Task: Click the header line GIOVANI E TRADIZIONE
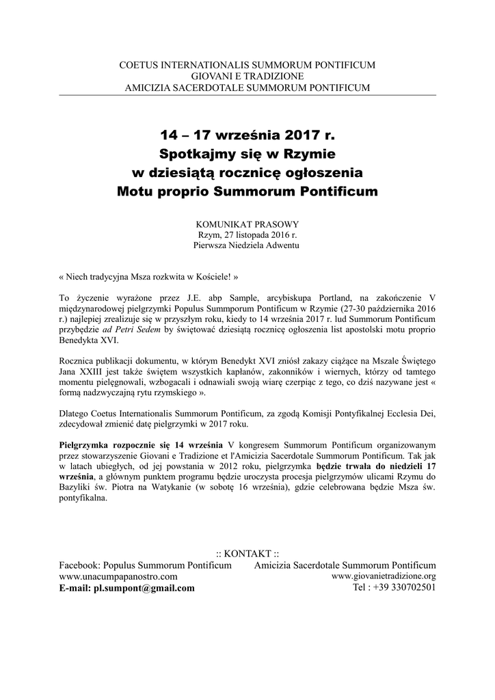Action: point(247,77)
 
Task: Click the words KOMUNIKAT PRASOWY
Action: point(247,224)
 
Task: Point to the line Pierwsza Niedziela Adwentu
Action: point(247,245)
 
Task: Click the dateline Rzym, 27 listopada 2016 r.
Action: point(247,234)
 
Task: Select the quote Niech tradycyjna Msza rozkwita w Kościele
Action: point(150,279)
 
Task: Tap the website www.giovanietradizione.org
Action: point(384,576)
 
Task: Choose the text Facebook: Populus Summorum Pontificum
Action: point(146,565)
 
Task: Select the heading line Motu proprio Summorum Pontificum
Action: point(247,191)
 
